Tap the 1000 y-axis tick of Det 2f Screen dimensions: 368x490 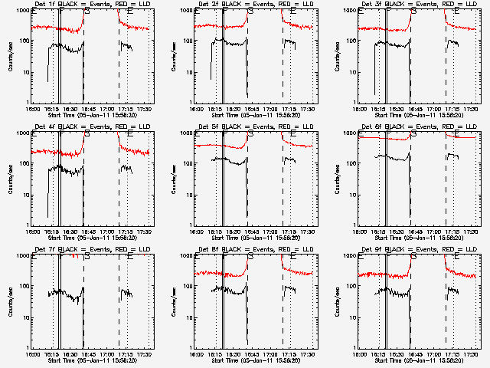click(x=184, y=11)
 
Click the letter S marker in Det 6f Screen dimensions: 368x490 click(x=414, y=133)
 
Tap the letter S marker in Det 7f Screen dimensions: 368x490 click(x=87, y=256)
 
